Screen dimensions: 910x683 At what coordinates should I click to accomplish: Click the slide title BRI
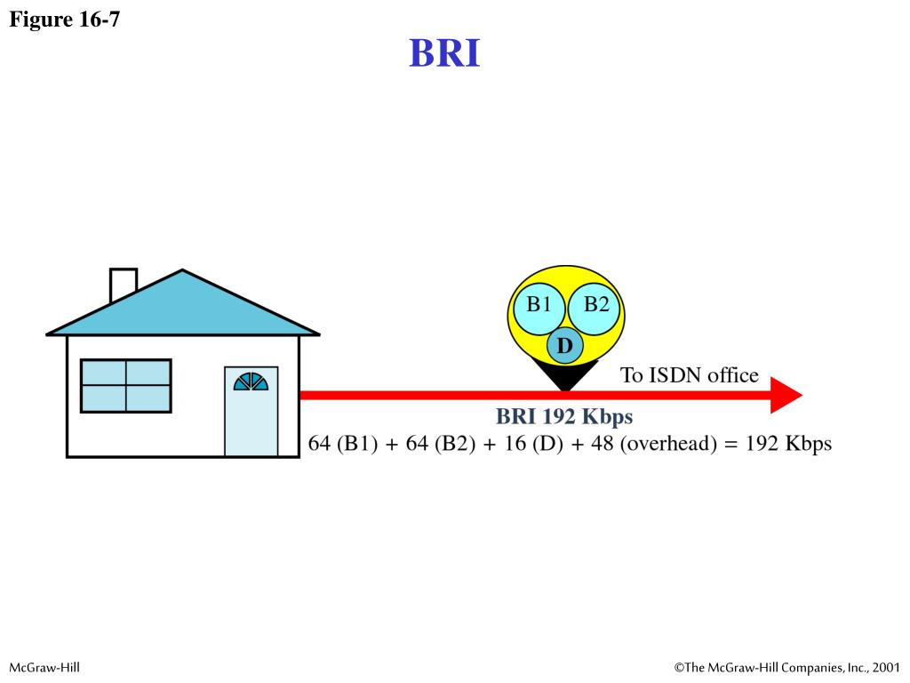pos(444,53)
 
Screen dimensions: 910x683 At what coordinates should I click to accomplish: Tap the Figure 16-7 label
pos(64,19)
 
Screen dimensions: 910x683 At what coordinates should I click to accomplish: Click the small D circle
pos(565,345)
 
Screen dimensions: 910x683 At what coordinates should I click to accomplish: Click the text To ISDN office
pos(689,375)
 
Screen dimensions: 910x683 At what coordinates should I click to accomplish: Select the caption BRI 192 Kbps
pos(564,417)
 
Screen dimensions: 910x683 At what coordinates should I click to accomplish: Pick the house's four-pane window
pos(125,385)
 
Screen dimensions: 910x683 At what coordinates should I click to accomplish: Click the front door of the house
pos(251,418)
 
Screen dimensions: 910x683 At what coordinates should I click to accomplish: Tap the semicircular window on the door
pos(251,382)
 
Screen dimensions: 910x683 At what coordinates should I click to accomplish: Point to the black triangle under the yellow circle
pos(565,379)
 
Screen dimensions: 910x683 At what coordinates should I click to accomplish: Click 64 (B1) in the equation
pos(343,443)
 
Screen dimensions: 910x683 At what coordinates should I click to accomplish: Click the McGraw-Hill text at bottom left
pos(44,666)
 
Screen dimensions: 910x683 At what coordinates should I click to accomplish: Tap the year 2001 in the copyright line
pos(885,666)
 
